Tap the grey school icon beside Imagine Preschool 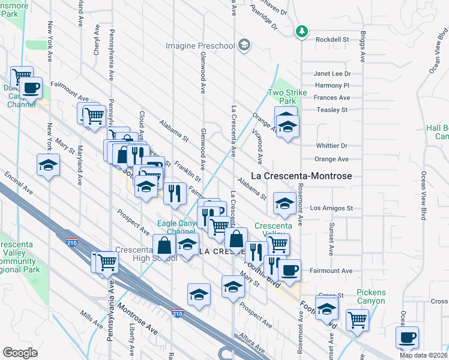pos(244,45)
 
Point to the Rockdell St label pos(333,39)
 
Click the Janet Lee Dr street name pos(331,74)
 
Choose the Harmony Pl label pos(335,86)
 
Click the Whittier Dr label pos(332,146)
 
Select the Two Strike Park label pos(287,97)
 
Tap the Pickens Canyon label pos(370,296)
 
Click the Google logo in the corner pos(20,353)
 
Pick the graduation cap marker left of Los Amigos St pos(283,202)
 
